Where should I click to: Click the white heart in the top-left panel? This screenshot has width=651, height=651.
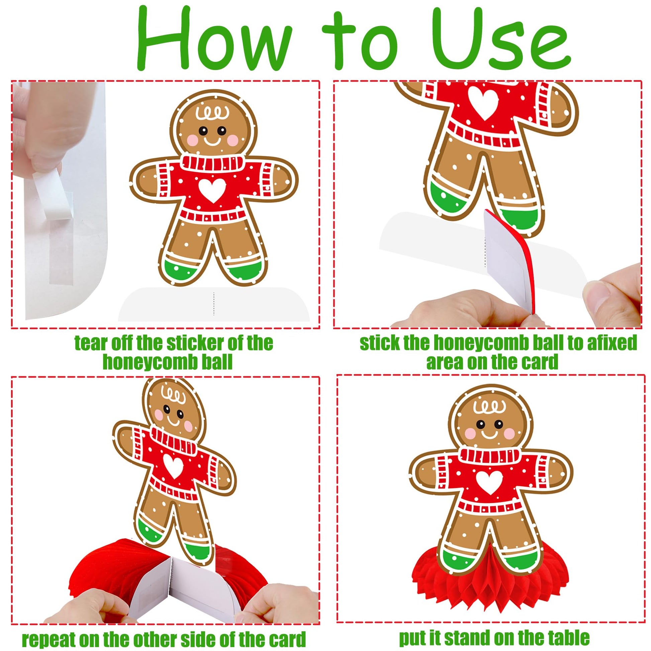[212, 190]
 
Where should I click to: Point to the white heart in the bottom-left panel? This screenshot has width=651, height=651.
[174, 466]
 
